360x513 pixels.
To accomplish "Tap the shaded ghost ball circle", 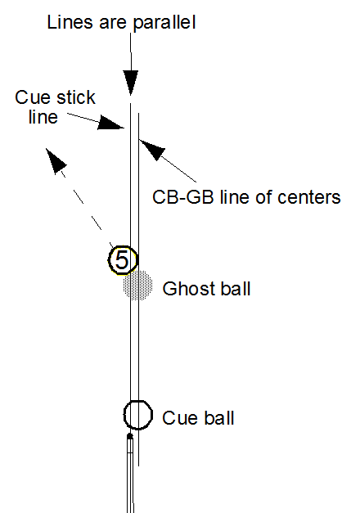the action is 137,286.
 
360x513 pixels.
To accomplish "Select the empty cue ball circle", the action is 124,415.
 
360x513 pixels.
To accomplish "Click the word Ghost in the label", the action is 187,289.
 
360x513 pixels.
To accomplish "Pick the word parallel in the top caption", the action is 164,23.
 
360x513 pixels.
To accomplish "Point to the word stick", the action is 75,97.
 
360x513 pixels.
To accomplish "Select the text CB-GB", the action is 183,197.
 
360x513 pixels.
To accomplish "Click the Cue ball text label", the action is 198,418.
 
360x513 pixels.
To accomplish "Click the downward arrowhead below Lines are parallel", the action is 131,83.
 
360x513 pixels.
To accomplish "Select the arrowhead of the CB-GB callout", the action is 152,150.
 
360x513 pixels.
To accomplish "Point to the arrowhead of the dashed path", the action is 56,160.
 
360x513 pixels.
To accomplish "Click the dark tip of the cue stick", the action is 130,436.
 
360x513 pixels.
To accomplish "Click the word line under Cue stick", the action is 43,117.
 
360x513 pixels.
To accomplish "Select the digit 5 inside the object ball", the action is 122,260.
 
